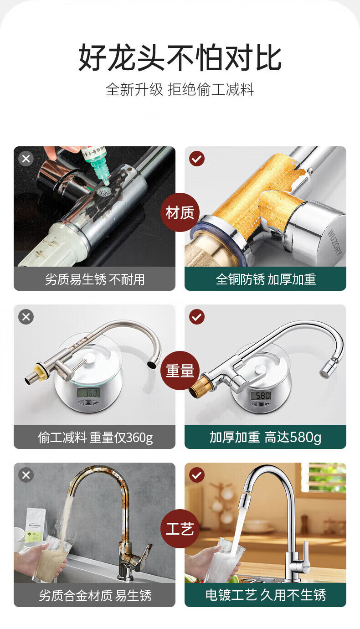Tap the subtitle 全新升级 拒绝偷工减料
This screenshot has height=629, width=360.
180,90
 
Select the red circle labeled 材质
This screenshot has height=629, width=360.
180,212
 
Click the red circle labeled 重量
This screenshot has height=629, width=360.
180,371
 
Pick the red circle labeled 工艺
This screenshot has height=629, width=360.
180,528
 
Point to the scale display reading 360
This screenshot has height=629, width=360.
88,393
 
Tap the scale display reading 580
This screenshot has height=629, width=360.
262,396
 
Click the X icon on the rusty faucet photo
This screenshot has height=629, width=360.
26,475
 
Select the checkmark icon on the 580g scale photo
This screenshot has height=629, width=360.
197,317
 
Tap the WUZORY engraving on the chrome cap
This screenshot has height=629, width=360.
335,242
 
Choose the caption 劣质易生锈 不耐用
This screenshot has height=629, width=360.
95,279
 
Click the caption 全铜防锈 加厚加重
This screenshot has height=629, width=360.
266,279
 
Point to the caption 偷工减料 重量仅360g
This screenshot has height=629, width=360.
96,438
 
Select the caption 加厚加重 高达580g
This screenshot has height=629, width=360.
265,437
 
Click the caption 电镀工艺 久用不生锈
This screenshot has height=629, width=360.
266,595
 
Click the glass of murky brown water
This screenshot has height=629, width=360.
52,562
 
